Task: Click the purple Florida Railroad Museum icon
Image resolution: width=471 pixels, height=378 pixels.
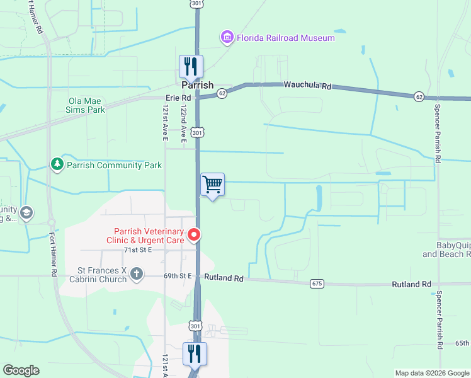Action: click(227, 38)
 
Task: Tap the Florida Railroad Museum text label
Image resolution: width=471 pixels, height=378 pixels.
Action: click(285, 38)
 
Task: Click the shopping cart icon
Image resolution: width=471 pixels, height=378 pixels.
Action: click(213, 185)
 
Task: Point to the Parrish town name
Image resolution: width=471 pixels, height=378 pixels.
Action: click(198, 85)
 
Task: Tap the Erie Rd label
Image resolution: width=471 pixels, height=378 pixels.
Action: click(178, 98)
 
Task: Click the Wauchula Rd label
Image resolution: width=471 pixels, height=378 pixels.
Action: click(307, 84)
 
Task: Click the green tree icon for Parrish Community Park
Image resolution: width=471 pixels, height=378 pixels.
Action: click(57, 165)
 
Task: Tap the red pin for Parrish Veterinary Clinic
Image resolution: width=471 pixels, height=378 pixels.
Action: click(195, 235)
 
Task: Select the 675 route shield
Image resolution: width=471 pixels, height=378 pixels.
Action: click(316, 284)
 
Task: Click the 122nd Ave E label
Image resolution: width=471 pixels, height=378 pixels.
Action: click(183, 123)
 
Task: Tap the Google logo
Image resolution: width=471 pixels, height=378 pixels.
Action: click(21, 370)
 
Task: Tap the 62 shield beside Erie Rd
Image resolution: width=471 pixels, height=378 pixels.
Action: click(222, 93)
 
